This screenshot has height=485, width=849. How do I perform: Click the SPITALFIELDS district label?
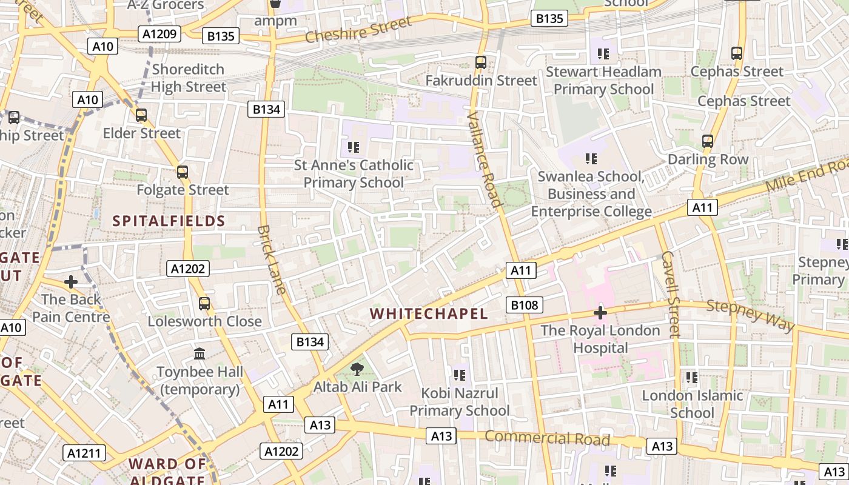(169, 221)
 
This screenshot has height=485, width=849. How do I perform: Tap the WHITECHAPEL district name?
(429, 313)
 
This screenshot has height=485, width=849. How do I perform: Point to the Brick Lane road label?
(271, 259)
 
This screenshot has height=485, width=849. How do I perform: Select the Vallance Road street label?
(485, 159)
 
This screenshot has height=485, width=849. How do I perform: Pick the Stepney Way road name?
(750, 315)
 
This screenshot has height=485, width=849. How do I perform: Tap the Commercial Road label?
(547, 438)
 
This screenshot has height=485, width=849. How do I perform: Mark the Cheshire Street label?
(358, 30)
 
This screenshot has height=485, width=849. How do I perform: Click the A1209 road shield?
(160, 34)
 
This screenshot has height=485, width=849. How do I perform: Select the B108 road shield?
(525, 305)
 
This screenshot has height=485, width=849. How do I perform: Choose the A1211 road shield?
(84, 453)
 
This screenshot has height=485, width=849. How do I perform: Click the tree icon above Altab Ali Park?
(357, 369)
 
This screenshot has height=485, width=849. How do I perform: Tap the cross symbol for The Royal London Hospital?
(600, 313)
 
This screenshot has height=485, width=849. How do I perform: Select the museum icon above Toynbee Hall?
(200, 353)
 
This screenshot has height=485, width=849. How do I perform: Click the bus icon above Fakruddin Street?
(481, 62)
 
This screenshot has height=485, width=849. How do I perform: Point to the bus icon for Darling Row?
(708, 141)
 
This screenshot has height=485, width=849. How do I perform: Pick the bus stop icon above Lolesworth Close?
(204, 303)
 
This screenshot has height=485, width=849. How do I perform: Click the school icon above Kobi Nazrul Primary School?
(459, 375)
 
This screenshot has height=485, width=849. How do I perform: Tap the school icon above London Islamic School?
(692, 378)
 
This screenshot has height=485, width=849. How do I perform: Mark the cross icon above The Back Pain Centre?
(71, 282)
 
